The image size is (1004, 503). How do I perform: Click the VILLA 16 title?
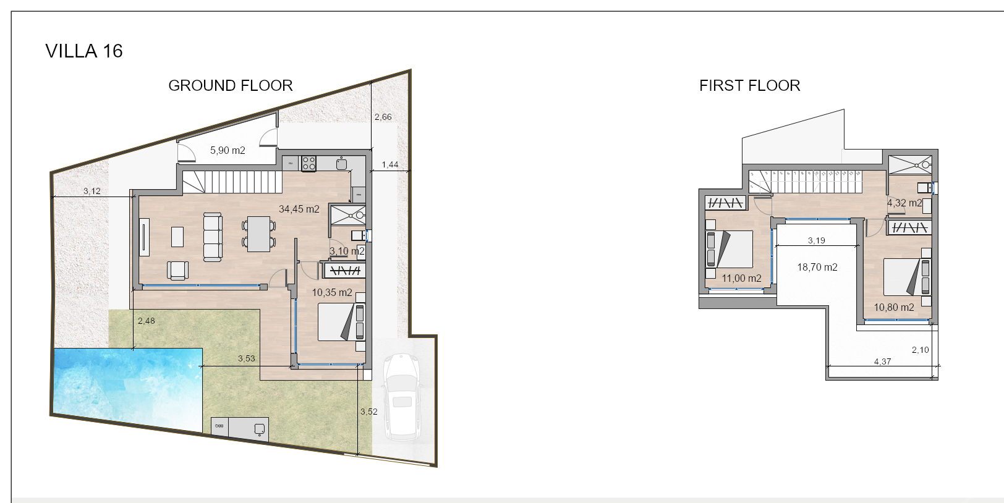(84, 51)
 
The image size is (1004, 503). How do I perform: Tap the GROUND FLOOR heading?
(231, 85)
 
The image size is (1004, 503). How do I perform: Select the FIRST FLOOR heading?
(749, 85)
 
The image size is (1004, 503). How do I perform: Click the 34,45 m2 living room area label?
(299, 209)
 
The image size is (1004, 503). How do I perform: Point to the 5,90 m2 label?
(228, 150)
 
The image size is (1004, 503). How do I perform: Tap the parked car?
(401, 396)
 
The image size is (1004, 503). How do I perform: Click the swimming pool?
(127, 388)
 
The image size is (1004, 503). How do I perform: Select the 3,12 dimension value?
(92, 192)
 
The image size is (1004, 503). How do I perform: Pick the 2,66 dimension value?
(383, 117)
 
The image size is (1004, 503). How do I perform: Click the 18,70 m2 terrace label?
(817, 268)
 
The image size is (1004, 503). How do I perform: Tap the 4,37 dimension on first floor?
(883, 361)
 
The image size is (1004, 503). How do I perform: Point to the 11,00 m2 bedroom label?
(741, 278)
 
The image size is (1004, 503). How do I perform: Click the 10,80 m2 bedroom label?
(894, 307)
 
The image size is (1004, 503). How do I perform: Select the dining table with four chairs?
(259, 234)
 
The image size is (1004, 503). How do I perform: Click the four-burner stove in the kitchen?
(309, 163)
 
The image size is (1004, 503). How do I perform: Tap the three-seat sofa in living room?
(213, 237)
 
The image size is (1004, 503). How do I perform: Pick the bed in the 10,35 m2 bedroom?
(341, 322)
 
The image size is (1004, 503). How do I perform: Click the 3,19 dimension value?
(816, 240)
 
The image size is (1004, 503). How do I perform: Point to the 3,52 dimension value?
(369, 412)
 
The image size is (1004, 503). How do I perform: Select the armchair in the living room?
(178, 271)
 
